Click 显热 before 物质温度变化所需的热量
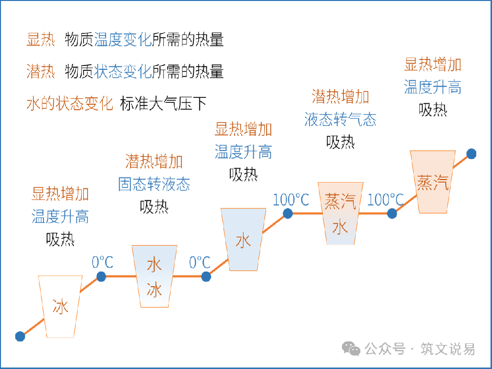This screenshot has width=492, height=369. tap(41, 40)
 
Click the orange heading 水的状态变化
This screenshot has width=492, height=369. tap(70, 104)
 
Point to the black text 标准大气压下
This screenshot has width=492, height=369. tap(163, 104)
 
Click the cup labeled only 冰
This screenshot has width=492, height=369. tap(61, 307)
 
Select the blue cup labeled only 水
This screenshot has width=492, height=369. tap(243, 240)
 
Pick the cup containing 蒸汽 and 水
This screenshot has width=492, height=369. tap(340, 214)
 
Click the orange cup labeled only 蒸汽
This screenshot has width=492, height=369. tap(433, 182)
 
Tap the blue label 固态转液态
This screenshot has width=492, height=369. tap(154, 184)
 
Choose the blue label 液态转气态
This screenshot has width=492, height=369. tap(340, 120)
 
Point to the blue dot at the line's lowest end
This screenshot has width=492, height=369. tap(20, 336)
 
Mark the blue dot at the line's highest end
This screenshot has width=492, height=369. tap(471, 154)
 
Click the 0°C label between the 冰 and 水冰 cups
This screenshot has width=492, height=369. tap(102, 262)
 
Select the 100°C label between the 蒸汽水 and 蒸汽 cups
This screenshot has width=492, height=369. tap(385, 200)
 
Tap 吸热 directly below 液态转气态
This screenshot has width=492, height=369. tap(340, 142)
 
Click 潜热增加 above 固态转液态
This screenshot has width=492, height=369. tap(154, 161)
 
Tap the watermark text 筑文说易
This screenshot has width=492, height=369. tap(448, 349)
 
